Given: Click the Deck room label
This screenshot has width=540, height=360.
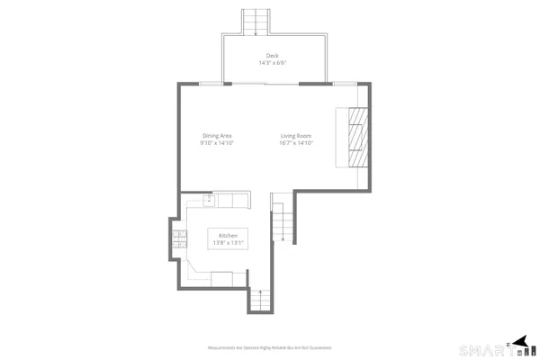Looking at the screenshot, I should coord(272,56).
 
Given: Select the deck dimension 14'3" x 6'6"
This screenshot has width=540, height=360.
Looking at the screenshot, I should coord(272,63).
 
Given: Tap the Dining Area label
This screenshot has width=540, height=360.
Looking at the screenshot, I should coord(217,136).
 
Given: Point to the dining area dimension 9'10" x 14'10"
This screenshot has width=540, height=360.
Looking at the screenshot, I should coord(217,143).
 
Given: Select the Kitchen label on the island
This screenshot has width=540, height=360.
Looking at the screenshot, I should coord(227,235).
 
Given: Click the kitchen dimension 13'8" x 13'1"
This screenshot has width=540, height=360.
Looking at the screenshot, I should coord(227,242).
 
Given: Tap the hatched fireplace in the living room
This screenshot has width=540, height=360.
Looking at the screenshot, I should coord(358,137).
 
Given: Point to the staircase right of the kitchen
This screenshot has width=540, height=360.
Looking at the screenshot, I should coord(283,223).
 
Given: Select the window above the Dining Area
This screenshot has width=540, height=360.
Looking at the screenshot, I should coord(209,84).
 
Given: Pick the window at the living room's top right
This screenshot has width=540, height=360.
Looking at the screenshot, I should coord(345,84).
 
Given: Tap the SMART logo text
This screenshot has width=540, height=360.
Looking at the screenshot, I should coord(483,349).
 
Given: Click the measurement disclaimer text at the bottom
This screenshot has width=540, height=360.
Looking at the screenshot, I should coord(270,347).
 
